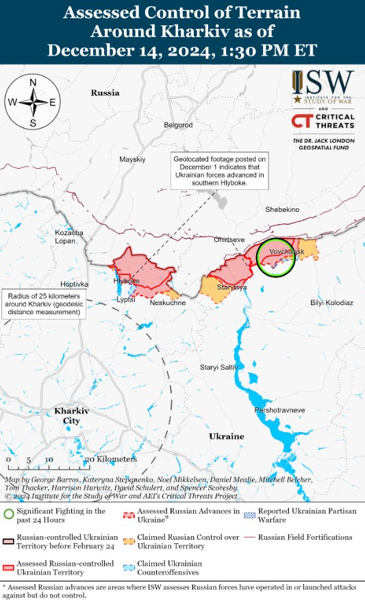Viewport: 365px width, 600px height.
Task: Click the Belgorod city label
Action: [x=178, y=125]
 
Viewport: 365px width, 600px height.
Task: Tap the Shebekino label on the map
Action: [x=282, y=210]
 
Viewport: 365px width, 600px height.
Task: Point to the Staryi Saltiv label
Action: [x=218, y=368]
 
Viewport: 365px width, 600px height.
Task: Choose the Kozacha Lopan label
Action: [x=69, y=237]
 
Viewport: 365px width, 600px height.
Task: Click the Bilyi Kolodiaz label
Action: [x=331, y=302]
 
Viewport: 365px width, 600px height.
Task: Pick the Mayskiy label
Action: [x=132, y=159]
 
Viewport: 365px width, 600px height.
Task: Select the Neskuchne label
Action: [x=168, y=302]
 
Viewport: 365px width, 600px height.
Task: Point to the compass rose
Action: [x=33, y=103]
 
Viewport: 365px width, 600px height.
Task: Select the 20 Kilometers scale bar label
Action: [x=112, y=459]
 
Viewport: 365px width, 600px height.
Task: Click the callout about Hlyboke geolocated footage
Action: [x=218, y=171]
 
